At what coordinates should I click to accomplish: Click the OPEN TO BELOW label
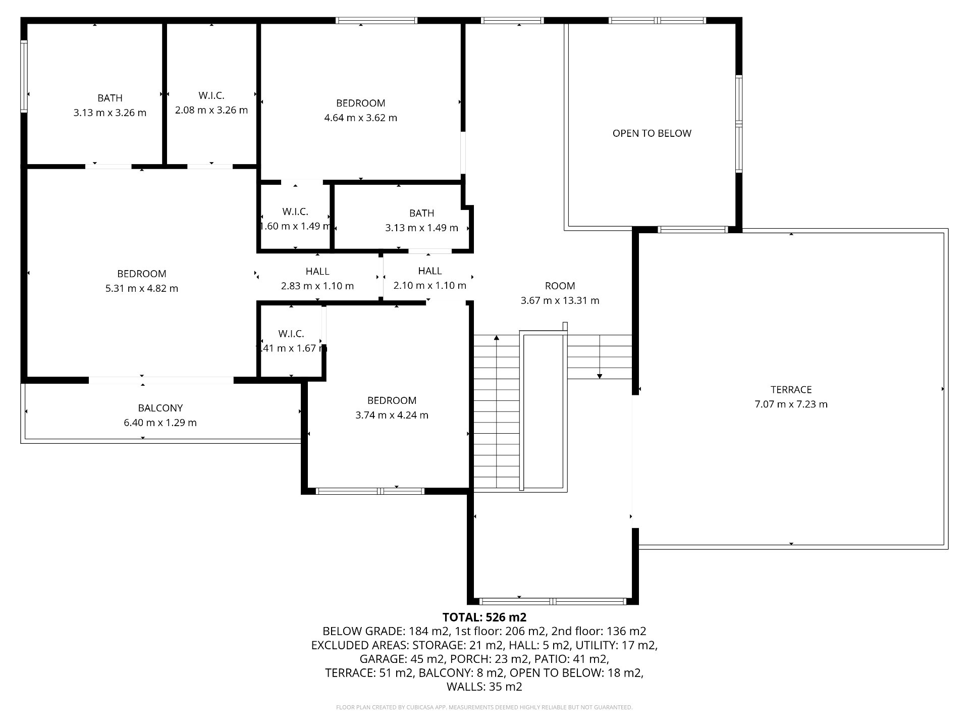(x=652, y=133)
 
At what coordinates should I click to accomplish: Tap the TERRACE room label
(x=791, y=390)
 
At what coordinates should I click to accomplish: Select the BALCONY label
(x=160, y=408)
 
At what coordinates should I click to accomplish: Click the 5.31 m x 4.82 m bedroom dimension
(x=141, y=288)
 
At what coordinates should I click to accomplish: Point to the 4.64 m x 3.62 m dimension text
(x=360, y=118)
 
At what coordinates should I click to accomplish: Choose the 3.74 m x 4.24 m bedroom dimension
(x=392, y=415)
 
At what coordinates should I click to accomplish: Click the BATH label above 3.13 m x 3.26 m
(x=110, y=98)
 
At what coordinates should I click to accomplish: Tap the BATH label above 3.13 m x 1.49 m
(x=422, y=213)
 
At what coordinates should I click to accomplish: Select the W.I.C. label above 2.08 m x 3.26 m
(x=211, y=95)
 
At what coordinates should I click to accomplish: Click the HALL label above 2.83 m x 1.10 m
(x=317, y=271)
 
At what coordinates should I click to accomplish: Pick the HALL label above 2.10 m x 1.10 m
(x=430, y=271)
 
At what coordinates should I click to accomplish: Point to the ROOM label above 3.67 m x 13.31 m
(x=560, y=286)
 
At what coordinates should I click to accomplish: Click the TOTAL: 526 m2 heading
(x=484, y=617)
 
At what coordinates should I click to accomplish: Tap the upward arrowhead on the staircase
(x=497, y=337)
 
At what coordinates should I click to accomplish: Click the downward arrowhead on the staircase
(x=600, y=376)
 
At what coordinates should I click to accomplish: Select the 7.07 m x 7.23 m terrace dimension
(x=791, y=404)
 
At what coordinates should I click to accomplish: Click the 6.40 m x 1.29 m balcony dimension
(x=160, y=423)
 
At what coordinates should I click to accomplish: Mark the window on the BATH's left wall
(x=24, y=76)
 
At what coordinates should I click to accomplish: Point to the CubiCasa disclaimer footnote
(x=484, y=707)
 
